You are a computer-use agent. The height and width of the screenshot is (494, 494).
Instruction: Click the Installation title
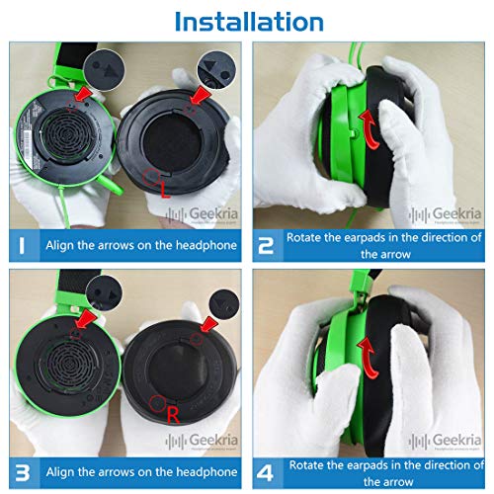click(247, 20)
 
